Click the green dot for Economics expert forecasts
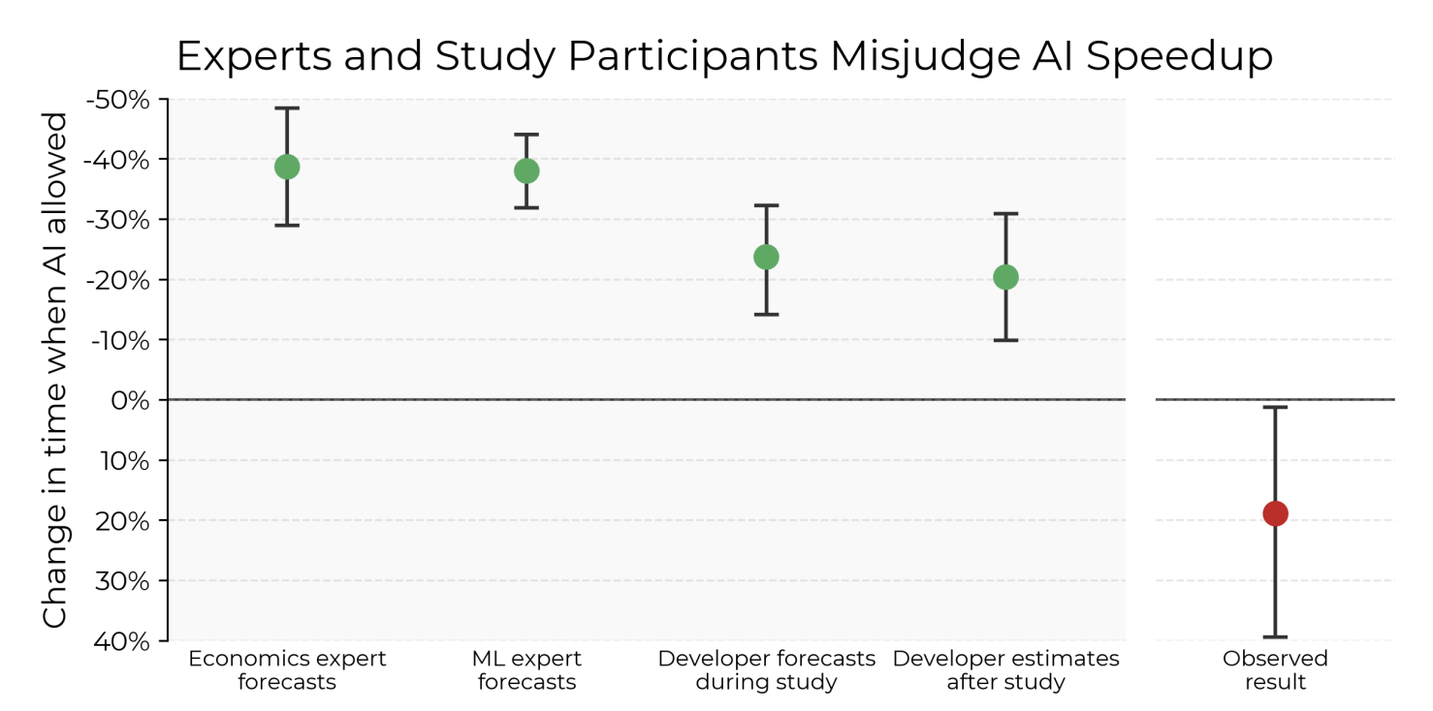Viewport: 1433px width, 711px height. click(287, 167)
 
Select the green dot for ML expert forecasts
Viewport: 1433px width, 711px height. click(526, 171)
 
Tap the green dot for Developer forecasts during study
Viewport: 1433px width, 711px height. click(766, 257)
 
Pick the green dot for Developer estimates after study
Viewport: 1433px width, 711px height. click(1005, 277)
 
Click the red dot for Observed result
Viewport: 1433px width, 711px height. click(1275, 513)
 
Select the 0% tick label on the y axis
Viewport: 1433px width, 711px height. click(131, 400)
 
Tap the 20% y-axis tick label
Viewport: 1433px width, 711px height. click(126, 521)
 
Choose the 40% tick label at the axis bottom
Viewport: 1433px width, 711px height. click(126, 641)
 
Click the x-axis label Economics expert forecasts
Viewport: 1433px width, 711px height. click(287, 670)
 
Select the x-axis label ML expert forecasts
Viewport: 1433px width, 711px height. click(526, 670)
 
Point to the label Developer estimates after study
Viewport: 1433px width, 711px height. click(1005, 670)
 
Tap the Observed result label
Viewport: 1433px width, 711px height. click(1275, 670)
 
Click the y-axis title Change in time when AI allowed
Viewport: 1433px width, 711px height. click(55, 370)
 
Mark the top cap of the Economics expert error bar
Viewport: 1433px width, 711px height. click(287, 108)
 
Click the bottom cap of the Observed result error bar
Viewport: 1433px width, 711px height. click(1275, 636)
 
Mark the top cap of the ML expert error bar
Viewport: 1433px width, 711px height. click(526, 135)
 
